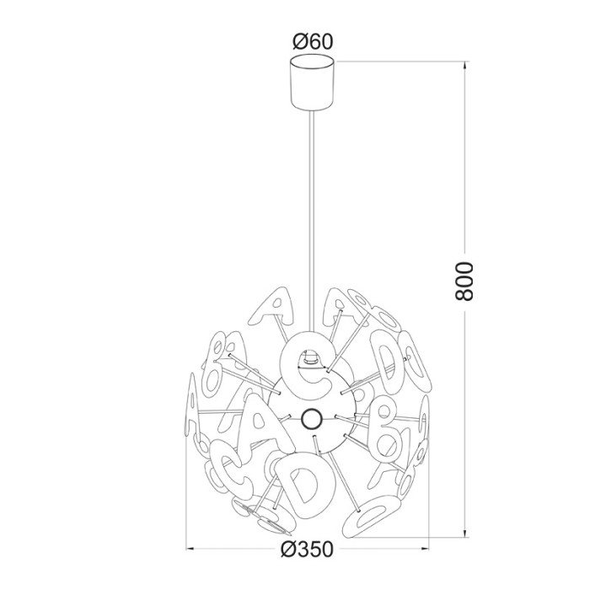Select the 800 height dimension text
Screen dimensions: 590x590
467,281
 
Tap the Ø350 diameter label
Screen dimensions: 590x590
308,550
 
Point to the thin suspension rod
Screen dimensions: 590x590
313,211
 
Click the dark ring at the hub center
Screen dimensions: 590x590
310,417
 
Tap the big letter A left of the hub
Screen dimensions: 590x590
259,422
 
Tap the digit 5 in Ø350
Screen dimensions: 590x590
316,550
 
